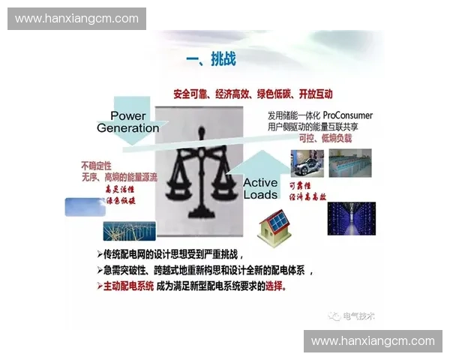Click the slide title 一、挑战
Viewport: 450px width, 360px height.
click(x=211, y=59)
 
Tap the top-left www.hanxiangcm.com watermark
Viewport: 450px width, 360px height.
click(x=76, y=18)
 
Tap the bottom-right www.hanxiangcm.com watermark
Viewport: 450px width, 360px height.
click(x=373, y=340)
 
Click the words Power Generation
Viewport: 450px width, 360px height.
click(x=128, y=121)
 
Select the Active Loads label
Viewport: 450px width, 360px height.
click(x=260, y=188)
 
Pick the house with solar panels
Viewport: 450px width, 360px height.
click(x=276, y=229)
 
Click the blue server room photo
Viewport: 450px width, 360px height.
click(x=351, y=218)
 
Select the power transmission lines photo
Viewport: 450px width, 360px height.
click(x=129, y=230)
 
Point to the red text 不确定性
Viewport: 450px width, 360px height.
click(x=96, y=165)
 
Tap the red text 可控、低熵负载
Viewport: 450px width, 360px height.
click(x=325, y=139)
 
